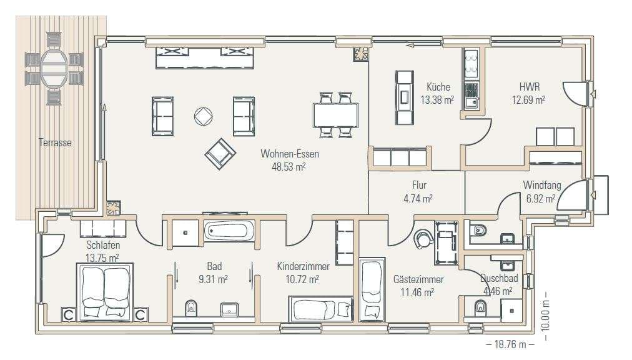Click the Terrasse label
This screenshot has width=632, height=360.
[x=55, y=142]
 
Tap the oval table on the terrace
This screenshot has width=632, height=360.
[x=54, y=67]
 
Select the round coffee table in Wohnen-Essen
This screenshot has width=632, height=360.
[x=203, y=116]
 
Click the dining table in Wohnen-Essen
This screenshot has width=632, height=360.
[x=335, y=115]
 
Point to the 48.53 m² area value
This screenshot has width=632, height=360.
[x=289, y=167]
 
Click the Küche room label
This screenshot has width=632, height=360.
[x=438, y=87]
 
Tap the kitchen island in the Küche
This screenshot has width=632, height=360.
[x=404, y=97]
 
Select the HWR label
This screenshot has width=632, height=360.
[x=529, y=87]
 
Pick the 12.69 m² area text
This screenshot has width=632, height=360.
[x=528, y=99]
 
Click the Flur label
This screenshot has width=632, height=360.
[x=419, y=185]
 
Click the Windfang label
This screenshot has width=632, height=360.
[x=541, y=185]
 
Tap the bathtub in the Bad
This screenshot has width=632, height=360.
[x=229, y=231]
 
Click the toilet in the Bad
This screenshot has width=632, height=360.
[x=191, y=309]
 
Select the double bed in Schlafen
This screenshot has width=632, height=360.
[x=105, y=292]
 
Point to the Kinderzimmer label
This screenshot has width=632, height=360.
[x=303, y=266]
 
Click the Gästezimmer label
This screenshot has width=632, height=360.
[x=418, y=279]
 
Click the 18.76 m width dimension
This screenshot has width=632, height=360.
[x=510, y=344]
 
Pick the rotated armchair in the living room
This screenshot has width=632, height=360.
[x=220, y=154]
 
